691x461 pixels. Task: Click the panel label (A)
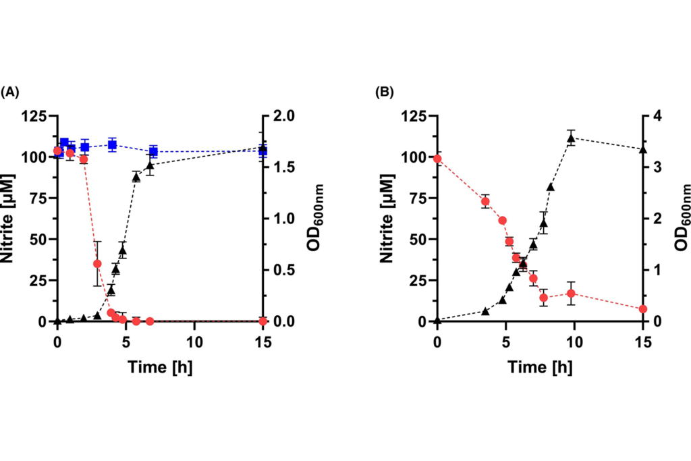10,92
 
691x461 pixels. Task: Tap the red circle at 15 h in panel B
643,309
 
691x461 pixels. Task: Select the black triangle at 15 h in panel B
643,149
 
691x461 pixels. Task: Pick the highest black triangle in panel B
571,138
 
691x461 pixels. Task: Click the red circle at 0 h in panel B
437,159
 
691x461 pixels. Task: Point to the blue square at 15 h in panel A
262,151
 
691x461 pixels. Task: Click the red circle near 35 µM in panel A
97,263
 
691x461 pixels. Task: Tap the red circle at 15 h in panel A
262,321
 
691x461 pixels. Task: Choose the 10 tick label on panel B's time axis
574,343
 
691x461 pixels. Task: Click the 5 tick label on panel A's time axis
126,343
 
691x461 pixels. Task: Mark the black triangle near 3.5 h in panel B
485,311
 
